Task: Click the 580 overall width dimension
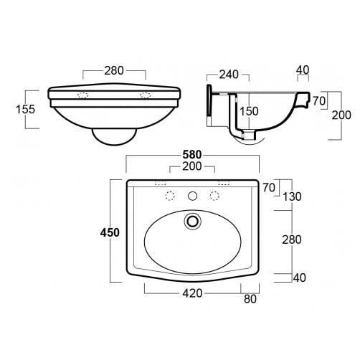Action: pyautogui.click(x=191, y=153)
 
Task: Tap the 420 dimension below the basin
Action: pyautogui.click(x=191, y=293)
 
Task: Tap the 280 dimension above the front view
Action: pyautogui.click(x=115, y=70)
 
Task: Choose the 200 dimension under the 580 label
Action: pyautogui.click(x=191, y=166)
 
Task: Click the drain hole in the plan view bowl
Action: pyautogui.click(x=191, y=221)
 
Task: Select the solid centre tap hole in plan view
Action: pyautogui.click(x=191, y=196)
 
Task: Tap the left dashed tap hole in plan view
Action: pyautogui.click(x=170, y=196)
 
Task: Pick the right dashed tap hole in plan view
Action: pyautogui.click(x=213, y=196)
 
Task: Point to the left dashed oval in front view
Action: pyautogui.click(x=82, y=95)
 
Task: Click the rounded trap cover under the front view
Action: pyautogui.click(x=115, y=134)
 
